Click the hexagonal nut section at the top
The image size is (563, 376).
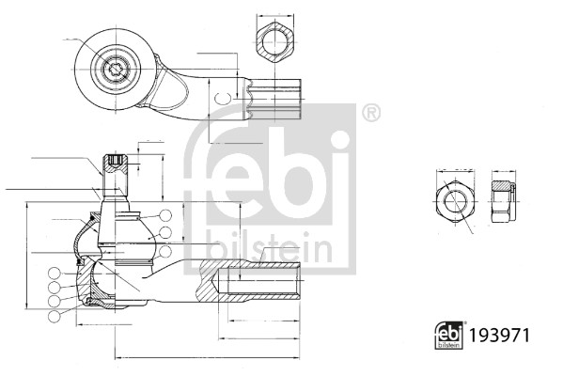point(275,41)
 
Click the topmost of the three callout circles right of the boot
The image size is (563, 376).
point(165,215)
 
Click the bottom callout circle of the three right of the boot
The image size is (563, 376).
point(165,251)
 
